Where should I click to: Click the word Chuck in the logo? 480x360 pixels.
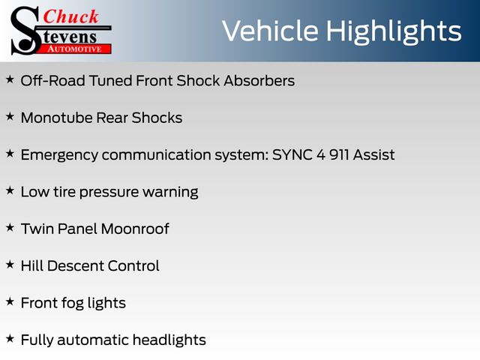70,16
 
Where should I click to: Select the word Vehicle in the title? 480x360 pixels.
270,31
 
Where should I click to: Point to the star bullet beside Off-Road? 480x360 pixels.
10,79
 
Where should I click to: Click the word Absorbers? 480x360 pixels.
259,81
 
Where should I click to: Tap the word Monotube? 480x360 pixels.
57,118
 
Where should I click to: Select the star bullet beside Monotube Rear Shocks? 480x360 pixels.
10,116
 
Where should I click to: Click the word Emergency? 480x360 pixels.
59,155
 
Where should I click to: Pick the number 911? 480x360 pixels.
339,155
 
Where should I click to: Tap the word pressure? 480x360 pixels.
109,193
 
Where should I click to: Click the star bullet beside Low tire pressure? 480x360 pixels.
10,190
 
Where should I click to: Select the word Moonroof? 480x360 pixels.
135,229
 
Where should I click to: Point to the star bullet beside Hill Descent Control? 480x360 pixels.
10,265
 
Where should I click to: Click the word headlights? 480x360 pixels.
169,340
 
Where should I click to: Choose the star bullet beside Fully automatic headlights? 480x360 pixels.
10,338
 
